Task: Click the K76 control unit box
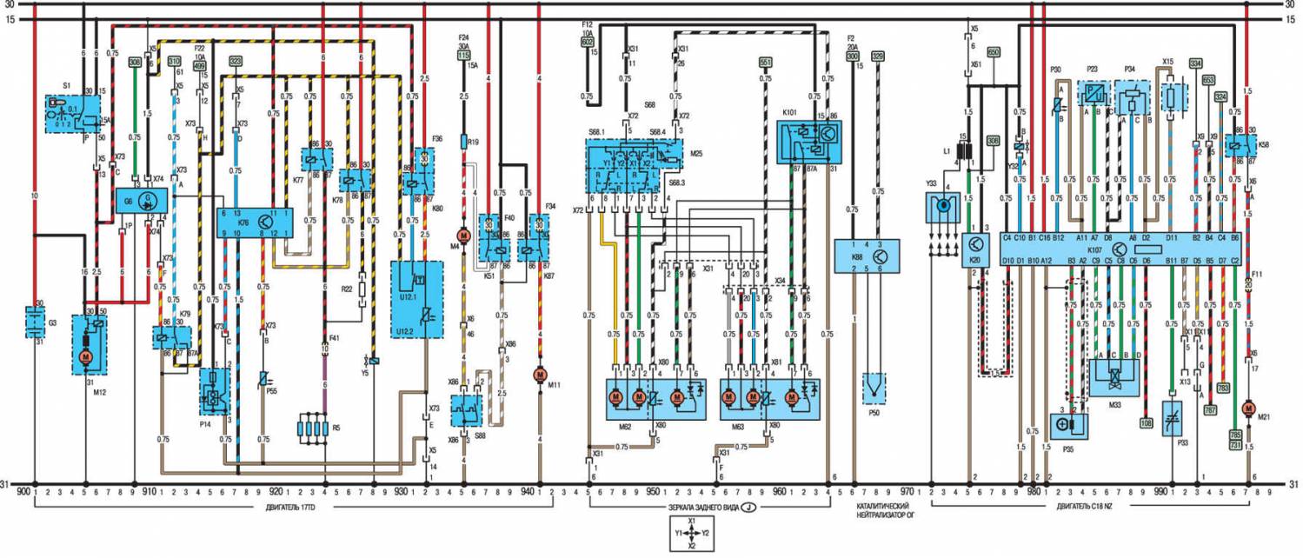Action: [x=254, y=223]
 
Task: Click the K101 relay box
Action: [x=808, y=141]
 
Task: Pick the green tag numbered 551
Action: [x=765, y=63]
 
